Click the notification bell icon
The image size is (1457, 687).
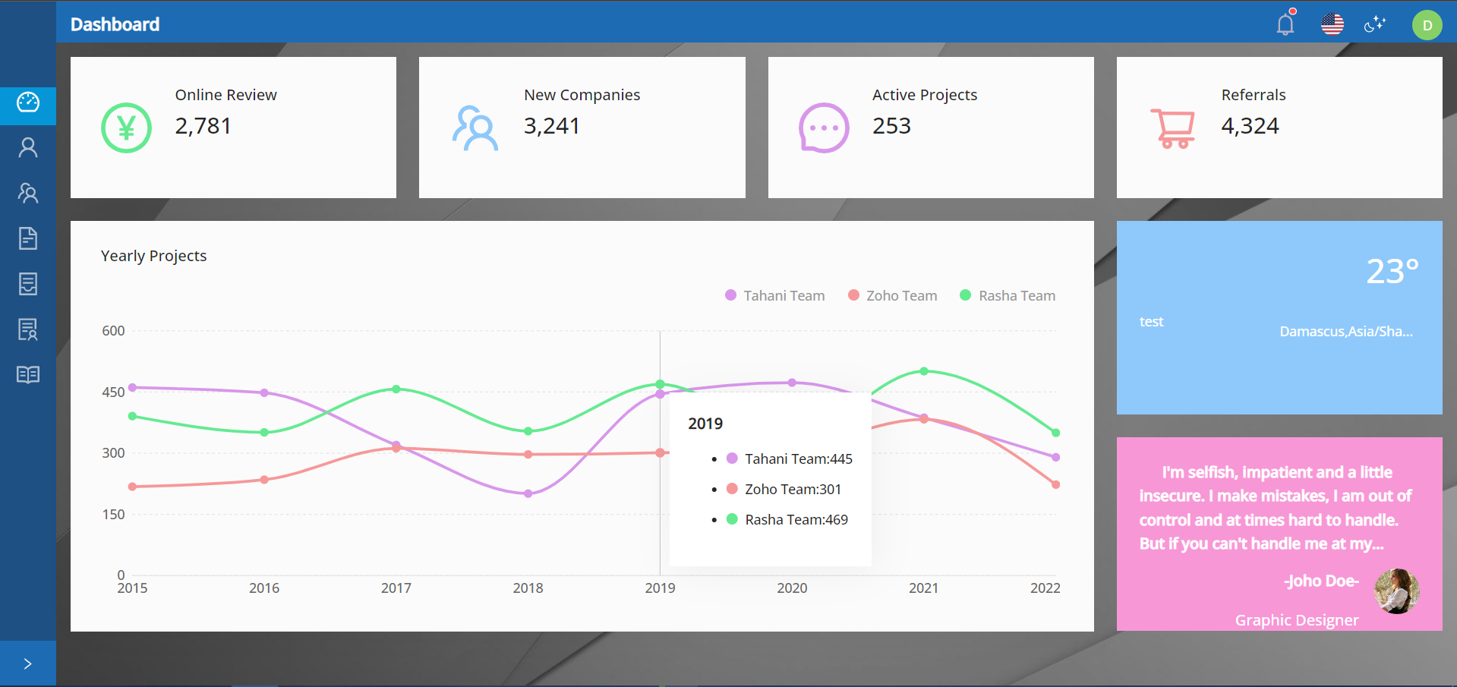click(x=1285, y=24)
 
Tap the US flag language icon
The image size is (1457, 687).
click(x=1332, y=24)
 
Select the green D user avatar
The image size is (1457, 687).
click(x=1427, y=25)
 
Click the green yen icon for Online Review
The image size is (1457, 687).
click(x=126, y=128)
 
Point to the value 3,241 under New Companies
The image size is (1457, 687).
click(x=551, y=126)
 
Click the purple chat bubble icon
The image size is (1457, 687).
click(x=824, y=128)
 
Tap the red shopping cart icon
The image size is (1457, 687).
click(x=1173, y=128)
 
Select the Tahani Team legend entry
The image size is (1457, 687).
click(x=775, y=295)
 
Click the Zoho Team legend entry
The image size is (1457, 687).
click(x=893, y=295)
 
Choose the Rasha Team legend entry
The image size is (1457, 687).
click(x=1008, y=295)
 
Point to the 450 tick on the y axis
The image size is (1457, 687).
click(x=113, y=392)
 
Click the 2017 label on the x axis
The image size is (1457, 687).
click(x=396, y=588)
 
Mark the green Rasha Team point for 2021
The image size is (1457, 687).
click(x=924, y=371)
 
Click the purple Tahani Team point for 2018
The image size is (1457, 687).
click(x=528, y=493)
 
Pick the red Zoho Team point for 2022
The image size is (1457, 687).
click(x=1055, y=484)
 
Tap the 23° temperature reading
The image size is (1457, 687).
click(x=1392, y=272)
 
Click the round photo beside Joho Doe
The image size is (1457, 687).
click(x=1396, y=591)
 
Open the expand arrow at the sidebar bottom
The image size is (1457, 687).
click(x=28, y=664)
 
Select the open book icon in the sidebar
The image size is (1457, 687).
click(x=28, y=375)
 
